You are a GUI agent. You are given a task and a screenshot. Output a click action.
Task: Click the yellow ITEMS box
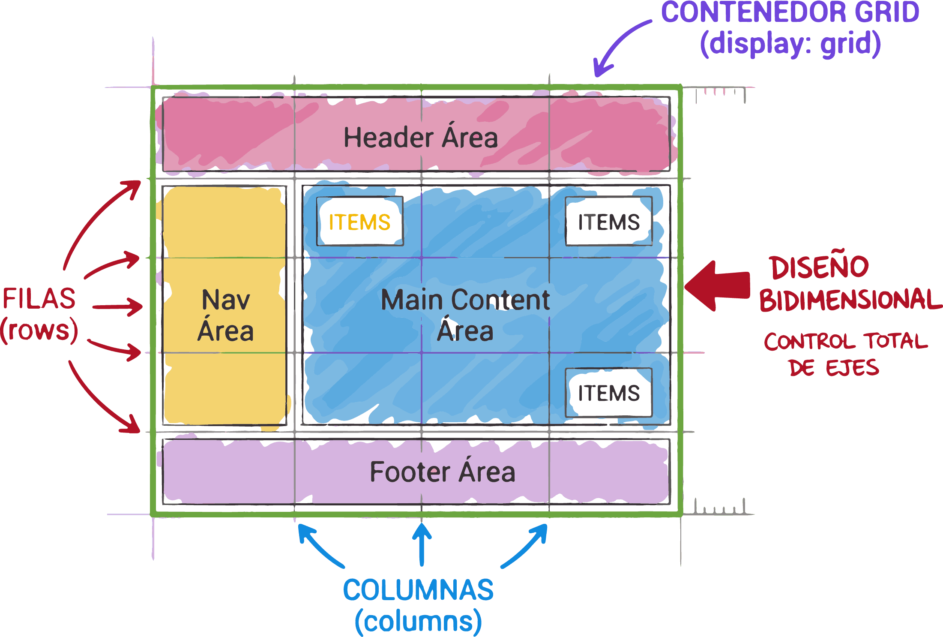pos(360,222)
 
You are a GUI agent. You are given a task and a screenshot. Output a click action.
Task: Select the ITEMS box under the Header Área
pos(608,222)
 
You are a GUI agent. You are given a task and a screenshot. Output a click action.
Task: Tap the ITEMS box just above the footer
pos(608,393)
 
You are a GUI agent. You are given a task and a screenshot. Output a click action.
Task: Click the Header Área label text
pos(421,138)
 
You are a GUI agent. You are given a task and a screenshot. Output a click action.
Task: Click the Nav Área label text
pos(225,315)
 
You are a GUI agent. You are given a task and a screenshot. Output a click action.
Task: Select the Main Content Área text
pos(465,315)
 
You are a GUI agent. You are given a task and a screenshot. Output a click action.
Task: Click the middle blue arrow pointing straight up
pos(422,544)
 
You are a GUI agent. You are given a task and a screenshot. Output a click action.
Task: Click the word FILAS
pos(39,299)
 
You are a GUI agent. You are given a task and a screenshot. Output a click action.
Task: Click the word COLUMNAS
pos(418,590)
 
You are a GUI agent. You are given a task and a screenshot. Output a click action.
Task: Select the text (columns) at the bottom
pos(418,622)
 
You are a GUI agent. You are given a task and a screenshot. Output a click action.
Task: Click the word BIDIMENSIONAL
pos(850,300)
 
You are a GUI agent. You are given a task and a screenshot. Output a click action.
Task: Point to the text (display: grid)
pos(790,44)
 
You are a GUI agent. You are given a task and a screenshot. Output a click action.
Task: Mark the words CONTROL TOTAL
pos(846,342)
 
